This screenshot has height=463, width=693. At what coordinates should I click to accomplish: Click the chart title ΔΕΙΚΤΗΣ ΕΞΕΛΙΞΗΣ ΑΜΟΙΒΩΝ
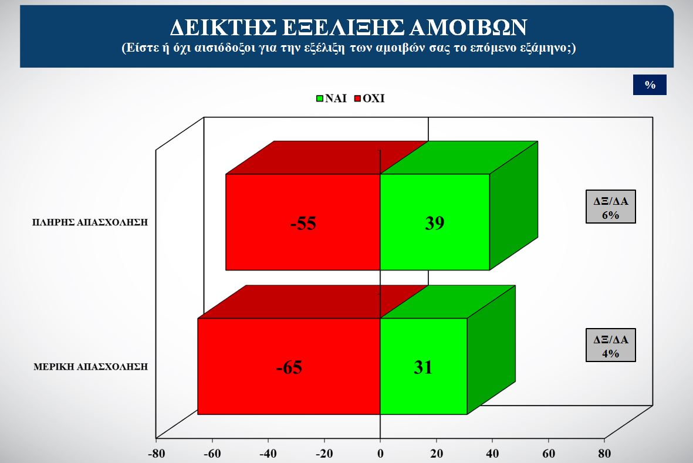(349, 28)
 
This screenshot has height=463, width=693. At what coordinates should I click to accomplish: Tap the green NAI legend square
(320, 99)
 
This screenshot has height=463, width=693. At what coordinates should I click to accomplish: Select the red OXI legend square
(357, 99)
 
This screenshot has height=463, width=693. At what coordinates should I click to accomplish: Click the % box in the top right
(650, 85)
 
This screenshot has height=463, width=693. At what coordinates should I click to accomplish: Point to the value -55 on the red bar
(303, 223)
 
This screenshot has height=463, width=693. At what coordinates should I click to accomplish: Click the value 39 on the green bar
(434, 222)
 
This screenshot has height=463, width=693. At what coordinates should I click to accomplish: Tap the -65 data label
(289, 367)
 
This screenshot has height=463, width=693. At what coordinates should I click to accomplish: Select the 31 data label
(423, 367)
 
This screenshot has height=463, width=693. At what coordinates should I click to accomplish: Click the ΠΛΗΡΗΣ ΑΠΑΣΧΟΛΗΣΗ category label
(90, 222)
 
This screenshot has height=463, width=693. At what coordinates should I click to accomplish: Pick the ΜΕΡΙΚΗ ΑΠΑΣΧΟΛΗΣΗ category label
(90, 367)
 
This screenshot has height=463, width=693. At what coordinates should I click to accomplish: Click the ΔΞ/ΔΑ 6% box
(611, 207)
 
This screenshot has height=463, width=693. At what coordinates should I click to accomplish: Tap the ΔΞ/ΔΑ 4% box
(611, 345)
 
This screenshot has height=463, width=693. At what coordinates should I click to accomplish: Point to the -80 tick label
(156, 454)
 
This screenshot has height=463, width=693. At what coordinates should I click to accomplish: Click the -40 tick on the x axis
(268, 454)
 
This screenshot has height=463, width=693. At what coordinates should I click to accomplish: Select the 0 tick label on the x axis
(380, 454)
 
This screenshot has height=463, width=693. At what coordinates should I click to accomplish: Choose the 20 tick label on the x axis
(437, 454)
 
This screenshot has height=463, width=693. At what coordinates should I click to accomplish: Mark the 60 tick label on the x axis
(549, 454)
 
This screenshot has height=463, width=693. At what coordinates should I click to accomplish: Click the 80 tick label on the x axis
(604, 454)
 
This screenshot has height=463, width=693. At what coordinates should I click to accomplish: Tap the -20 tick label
(324, 454)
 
